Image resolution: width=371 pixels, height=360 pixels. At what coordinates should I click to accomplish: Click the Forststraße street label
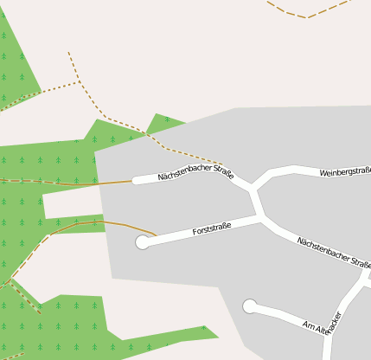pos(212,229)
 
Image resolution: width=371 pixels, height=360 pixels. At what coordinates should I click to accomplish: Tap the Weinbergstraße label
pos(345,172)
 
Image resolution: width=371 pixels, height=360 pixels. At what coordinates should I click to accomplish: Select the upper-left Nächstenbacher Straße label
pos(195,171)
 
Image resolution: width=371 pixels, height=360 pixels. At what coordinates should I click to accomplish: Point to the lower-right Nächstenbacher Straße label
pos(333,252)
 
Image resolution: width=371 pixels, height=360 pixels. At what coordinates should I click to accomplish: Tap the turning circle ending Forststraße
pos(143,242)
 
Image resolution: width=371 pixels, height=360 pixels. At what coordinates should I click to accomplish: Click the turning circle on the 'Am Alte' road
pos(250,305)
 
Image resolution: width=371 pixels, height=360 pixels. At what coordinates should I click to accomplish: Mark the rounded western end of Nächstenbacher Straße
pos(136,181)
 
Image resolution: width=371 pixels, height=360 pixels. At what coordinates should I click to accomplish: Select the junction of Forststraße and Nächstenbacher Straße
pos(259,216)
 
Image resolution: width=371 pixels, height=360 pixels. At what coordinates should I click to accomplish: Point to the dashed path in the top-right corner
pos(307,15)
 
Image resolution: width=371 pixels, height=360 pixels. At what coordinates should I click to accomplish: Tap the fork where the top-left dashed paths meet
pos(79,82)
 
